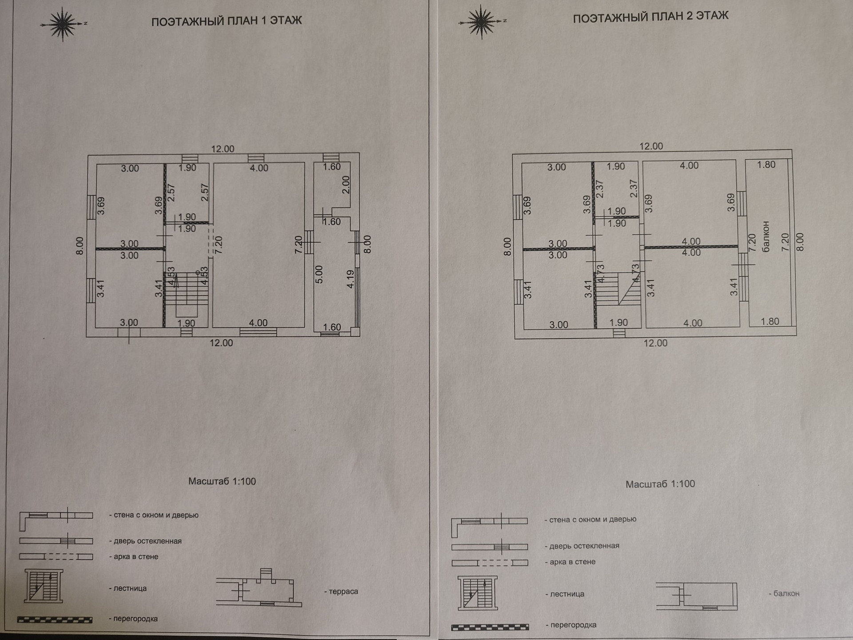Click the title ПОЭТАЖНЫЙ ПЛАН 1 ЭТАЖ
[x=227, y=21]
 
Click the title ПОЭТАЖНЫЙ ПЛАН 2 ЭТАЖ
[x=650, y=17]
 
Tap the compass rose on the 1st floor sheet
[x=63, y=24]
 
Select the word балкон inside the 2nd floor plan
[x=765, y=236]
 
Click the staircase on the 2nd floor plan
[x=618, y=289]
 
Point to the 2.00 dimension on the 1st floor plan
[x=346, y=184]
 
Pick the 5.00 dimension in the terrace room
[x=319, y=275]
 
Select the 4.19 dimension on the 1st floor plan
[x=351, y=279]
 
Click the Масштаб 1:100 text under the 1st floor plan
[x=222, y=481]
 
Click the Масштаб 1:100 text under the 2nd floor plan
[x=660, y=484]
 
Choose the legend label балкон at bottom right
[x=786, y=593]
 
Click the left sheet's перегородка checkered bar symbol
[x=55, y=620]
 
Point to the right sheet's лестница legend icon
[x=478, y=593]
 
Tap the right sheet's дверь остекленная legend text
[x=584, y=546]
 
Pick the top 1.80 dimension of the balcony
[x=766, y=165]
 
